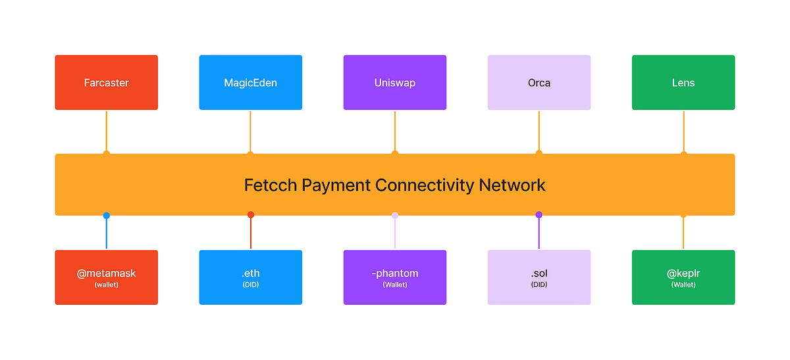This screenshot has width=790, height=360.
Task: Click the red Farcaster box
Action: (x=106, y=82)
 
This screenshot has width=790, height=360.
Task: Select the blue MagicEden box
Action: (x=250, y=82)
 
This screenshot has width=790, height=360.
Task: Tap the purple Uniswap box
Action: (x=395, y=82)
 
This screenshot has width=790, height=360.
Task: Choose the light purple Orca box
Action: (x=539, y=82)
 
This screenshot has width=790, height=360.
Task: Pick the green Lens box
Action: (x=683, y=82)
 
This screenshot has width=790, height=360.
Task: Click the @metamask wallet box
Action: (x=106, y=277)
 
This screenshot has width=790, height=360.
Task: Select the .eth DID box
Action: (x=250, y=277)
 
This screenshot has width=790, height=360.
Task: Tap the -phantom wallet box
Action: (x=395, y=277)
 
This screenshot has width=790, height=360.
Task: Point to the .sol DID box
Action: (x=539, y=277)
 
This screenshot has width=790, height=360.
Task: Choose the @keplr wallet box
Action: (x=683, y=277)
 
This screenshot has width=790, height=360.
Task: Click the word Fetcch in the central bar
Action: (x=271, y=185)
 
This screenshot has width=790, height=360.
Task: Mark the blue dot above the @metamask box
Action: (x=106, y=215)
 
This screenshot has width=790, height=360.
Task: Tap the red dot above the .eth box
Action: (x=250, y=215)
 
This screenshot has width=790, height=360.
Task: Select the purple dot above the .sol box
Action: (x=539, y=215)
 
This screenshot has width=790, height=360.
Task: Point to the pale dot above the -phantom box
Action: (x=395, y=215)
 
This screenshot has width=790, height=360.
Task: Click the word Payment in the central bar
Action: (x=336, y=185)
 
